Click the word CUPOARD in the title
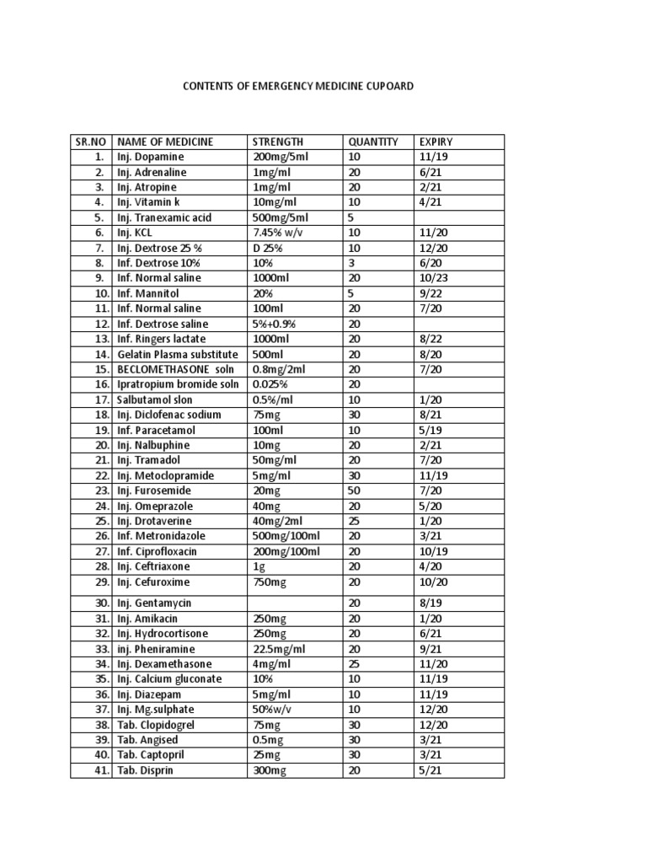388,86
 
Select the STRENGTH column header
278,142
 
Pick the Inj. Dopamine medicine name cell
151,157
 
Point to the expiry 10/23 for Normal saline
430,278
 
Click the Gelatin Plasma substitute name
178,354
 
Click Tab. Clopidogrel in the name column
157,725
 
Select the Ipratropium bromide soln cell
178,384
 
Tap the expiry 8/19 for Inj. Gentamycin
428,603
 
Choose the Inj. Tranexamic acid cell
164,217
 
